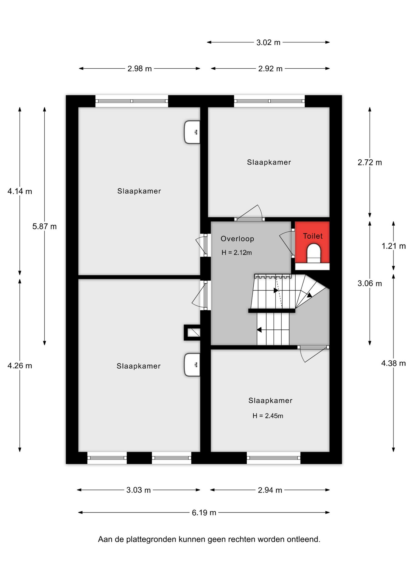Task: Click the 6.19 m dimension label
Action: coord(204,513)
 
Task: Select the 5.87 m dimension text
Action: coord(44,226)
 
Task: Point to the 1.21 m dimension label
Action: coord(394,246)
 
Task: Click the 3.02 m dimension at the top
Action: coord(268,42)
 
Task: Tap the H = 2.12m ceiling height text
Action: coord(237,252)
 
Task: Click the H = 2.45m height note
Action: coord(268,416)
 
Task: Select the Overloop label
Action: coord(237,239)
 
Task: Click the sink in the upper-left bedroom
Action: coord(192,132)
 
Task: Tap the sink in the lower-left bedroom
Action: coord(192,365)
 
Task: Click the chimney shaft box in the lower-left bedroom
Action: coord(192,332)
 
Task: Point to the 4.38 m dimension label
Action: coord(394,363)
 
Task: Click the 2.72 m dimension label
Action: coord(370,162)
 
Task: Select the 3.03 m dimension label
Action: coord(138,490)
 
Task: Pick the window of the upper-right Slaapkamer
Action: coord(269,101)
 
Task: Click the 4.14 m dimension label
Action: coord(20,191)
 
